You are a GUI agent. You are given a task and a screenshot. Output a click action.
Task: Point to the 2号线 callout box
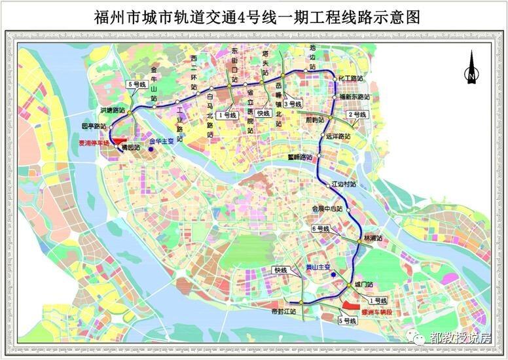[359, 115]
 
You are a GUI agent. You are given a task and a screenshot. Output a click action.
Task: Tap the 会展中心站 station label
[327, 209]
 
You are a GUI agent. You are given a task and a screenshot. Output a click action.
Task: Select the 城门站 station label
[363, 285]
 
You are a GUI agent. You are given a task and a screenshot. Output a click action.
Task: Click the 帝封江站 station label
[283, 312]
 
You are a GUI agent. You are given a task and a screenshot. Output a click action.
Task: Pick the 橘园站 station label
[132, 149]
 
